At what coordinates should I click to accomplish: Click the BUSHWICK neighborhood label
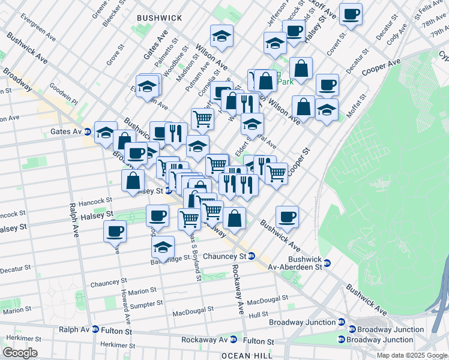(x=159, y=18)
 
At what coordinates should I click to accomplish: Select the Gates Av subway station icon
(x=88, y=131)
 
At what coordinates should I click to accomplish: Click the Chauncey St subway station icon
(x=252, y=256)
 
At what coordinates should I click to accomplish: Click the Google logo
(x=19, y=353)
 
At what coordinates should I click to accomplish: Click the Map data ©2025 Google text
(x=411, y=355)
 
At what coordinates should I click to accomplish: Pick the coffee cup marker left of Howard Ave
(x=115, y=230)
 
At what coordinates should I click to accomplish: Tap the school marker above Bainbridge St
(x=163, y=247)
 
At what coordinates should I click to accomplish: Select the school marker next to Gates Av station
(x=106, y=131)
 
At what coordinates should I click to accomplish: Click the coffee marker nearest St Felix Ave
(x=351, y=13)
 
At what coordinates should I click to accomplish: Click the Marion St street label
(x=142, y=290)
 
